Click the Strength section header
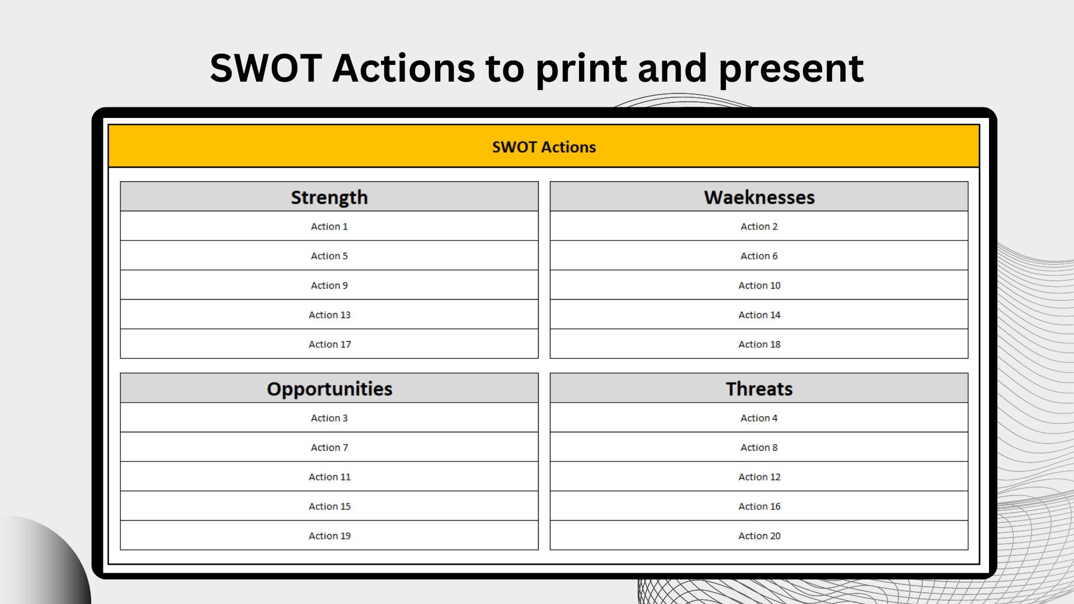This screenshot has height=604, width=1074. point(329,197)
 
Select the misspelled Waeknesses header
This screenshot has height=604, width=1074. point(759,197)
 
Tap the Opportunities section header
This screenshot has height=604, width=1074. point(329,389)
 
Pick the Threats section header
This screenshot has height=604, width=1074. point(759,389)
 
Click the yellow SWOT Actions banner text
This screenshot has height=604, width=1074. point(544,147)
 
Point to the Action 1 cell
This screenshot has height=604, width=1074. point(329,226)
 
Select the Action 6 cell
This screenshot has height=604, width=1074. point(759,256)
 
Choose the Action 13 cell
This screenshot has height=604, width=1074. point(329,315)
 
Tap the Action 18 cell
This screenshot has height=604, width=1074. point(759,345)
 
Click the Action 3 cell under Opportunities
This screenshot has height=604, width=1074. point(329,418)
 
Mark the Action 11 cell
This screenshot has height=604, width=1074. point(329,477)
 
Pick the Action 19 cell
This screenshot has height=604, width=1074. point(329,536)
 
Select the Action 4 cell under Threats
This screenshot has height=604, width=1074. point(759,418)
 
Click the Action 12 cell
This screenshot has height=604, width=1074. point(759,477)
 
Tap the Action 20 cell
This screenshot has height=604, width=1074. point(759,536)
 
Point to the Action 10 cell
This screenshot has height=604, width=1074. point(759,286)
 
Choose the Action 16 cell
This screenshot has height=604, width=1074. point(759,507)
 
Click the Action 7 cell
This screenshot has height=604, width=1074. point(329,448)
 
